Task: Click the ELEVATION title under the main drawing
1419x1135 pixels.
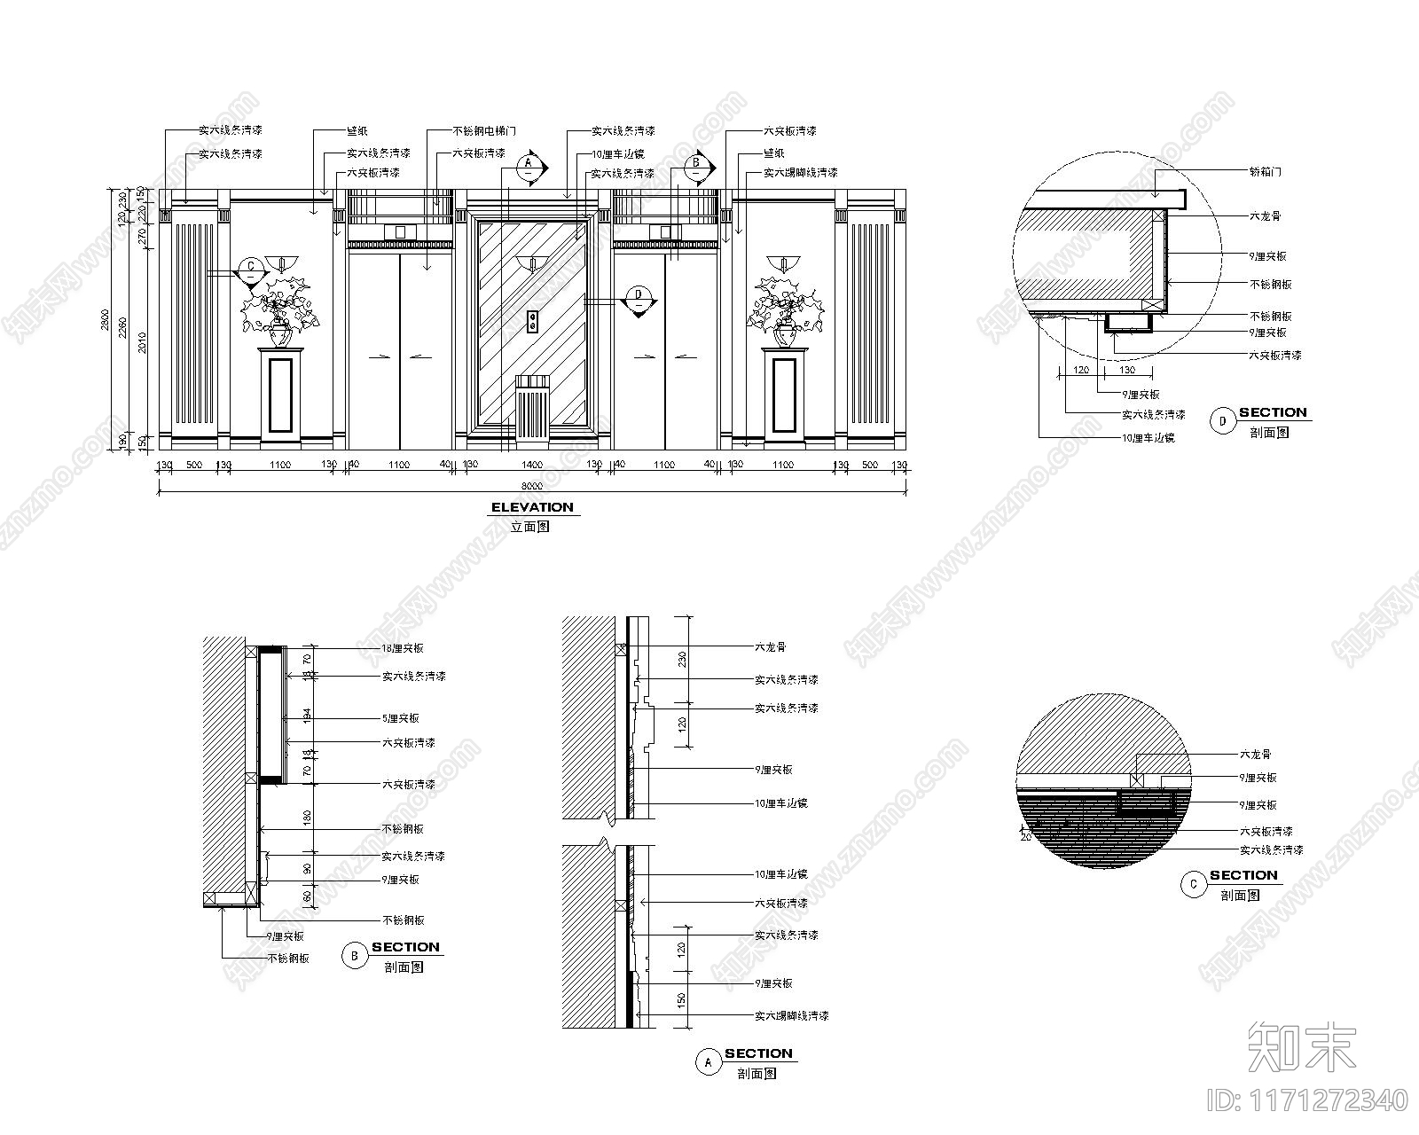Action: click(532, 507)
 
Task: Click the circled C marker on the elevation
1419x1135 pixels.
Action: click(251, 268)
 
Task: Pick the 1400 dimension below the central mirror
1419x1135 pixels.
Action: click(531, 465)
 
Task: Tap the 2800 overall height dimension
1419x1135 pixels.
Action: click(105, 321)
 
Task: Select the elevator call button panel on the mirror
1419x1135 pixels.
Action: click(532, 321)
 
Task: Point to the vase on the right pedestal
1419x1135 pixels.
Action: click(784, 334)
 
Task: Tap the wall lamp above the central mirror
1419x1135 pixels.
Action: click(531, 262)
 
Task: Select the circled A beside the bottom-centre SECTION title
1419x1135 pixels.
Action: click(708, 1062)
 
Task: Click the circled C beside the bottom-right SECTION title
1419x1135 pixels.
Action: click(1194, 884)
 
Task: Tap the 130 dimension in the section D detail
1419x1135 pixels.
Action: click(1126, 370)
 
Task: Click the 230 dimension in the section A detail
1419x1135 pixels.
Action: click(682, 659)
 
